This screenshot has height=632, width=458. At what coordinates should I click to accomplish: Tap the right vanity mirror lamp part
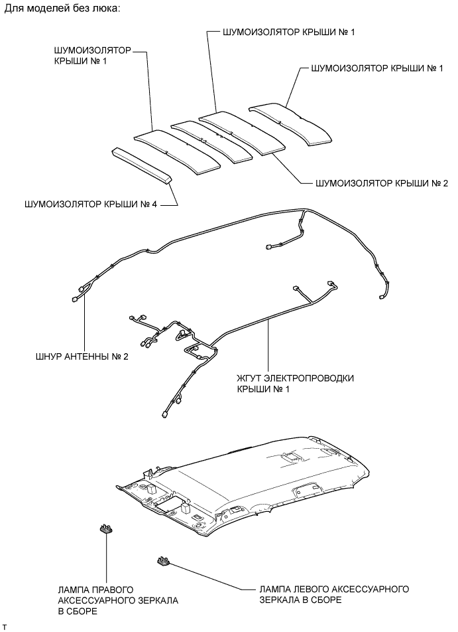[x=105, y=529]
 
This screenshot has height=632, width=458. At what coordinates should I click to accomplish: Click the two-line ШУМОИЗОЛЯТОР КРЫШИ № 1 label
[x=91, y=56]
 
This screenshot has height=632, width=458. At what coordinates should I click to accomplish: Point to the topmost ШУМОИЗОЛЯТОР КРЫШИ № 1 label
[x=282, y=32]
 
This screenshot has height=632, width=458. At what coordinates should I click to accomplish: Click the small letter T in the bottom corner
[x=5, y=626]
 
